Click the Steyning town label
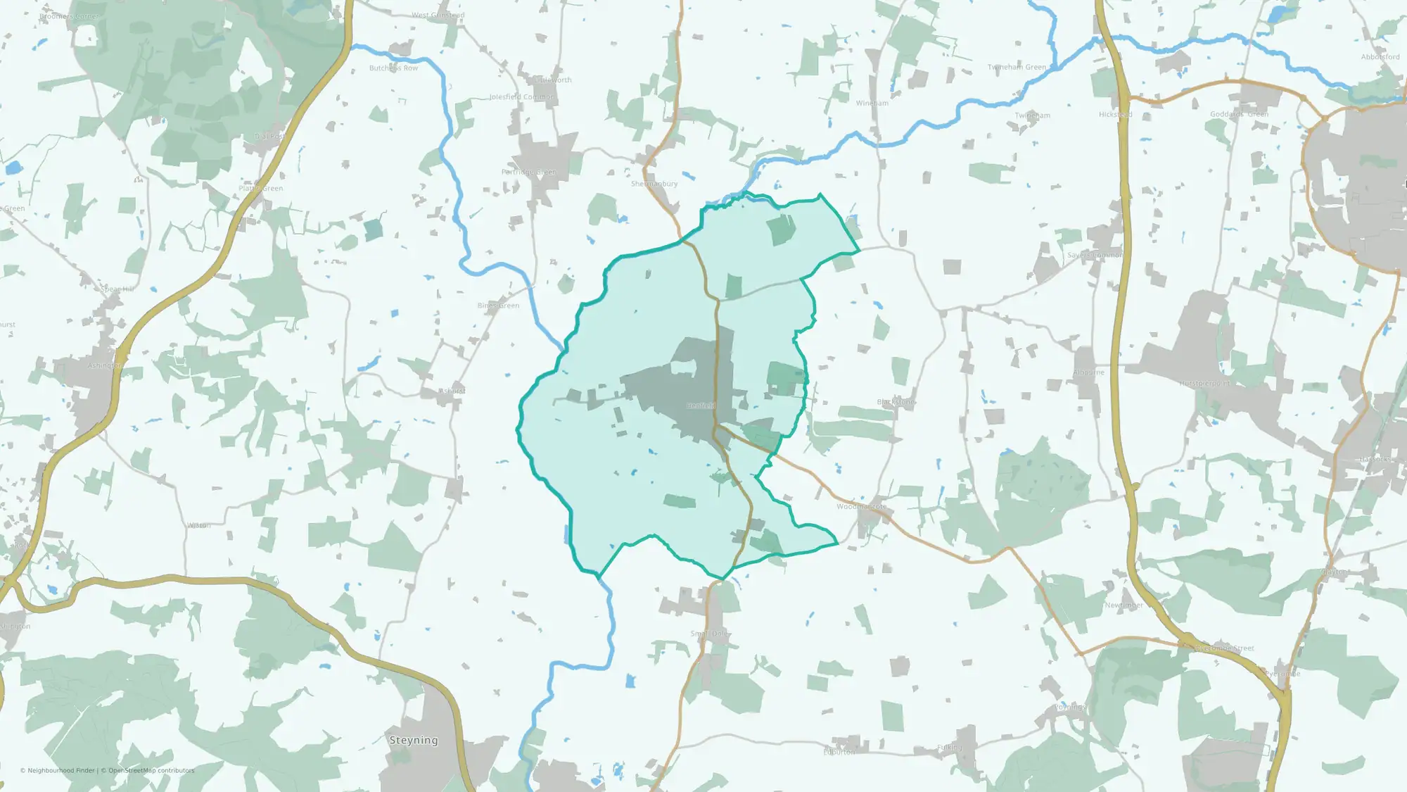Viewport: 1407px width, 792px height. [414, 740]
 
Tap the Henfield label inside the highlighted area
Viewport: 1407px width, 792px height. [701, 406]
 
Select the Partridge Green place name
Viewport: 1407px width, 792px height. [528, 172]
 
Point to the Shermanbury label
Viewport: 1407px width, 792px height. [654, 184]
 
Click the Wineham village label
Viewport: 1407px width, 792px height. [872, 103]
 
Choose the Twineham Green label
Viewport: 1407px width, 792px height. [1017, 68]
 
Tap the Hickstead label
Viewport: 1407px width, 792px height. [1115, 115]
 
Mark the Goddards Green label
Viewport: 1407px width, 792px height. [1239, 114]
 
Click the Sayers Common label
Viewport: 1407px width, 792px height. [1095, 255]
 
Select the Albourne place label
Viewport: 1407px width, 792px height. [1089, 372]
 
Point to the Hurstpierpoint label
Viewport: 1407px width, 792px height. [1205, 384]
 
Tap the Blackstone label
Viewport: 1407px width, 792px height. [894, 402]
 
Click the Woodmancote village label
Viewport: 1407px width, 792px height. [862, 506]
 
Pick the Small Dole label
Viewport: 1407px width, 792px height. [710, 634]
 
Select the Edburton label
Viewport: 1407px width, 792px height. [839, 752]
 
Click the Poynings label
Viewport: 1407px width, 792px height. [1070, 707]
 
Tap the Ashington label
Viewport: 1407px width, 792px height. [105, 365]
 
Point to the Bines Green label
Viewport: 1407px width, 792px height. [498, 306]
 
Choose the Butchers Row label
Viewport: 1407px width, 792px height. [393, 68]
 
